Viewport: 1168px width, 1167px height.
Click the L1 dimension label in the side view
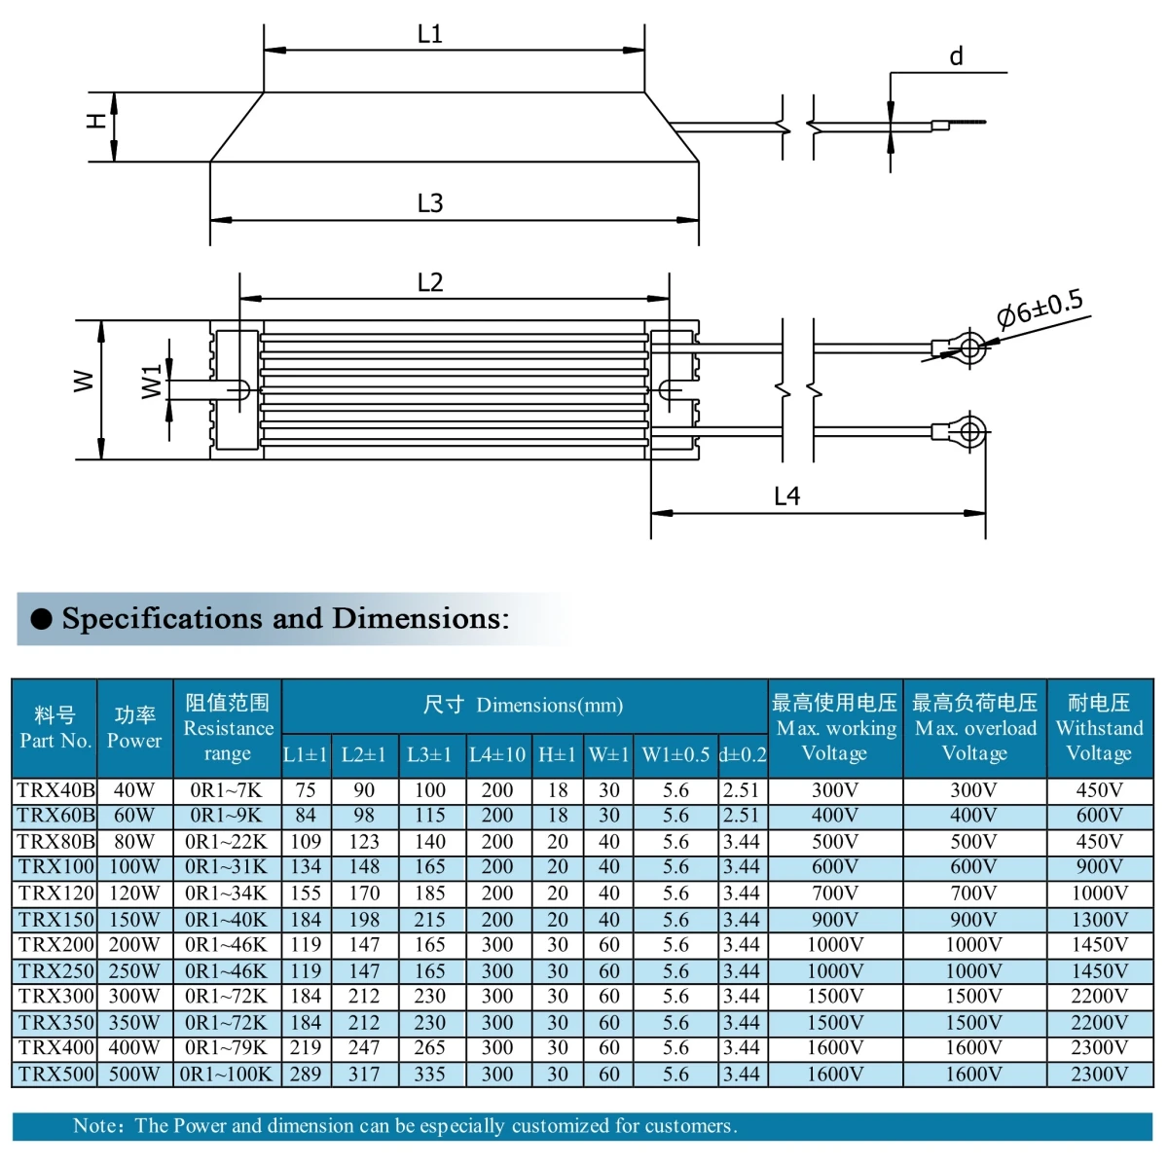pyautogui.click(x=429, y=34)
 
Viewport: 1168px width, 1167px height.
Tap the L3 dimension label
pyautogui.click(x=429, y=202)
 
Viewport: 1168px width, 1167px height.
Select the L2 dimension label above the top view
pyautogui.click(x=429, y=282)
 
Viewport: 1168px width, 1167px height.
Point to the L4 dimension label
pyautogui.click(x=786, y=496)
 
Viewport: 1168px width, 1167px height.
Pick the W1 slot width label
pyautogui.click(x=151, y=382)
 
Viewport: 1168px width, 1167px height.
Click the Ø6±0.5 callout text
pyautogui.click(x=1040, y=309)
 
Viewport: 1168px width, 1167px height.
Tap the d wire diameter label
pyautogui.click(x=956, y=57)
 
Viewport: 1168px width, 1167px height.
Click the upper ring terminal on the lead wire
pyautogui.click(x=968, y=346)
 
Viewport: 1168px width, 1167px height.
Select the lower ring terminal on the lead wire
pyautogui.click(x=968, y=430)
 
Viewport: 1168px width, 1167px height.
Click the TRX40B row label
pyautogui.click(x=55, y=790)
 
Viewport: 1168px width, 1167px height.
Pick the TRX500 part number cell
pyautogui.click(x=55, y=1075)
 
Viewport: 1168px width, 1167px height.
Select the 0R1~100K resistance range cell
pyautogui.click(x=228, y=1075)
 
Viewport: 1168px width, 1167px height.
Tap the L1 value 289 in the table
pyautogui.click(x=306, y=1075)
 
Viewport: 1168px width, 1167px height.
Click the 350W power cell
pyautogui.click(x=134, y=1023)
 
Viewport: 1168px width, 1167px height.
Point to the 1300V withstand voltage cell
pyautogui.click(x=1099, y=920)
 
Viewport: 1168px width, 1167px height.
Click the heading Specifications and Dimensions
pyautogui.click(x=284, y=619)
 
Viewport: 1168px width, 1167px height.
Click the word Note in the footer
pyautogui.click(x=96, y=1126)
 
